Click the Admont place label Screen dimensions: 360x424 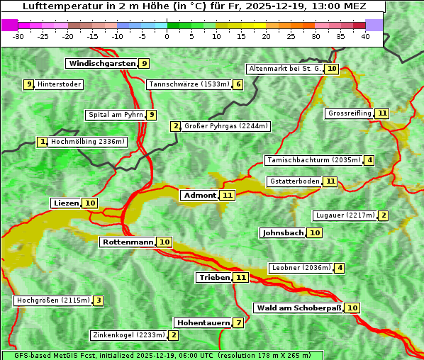pyautogui.click(x=200, y=196)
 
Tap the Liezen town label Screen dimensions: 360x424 pyautogui.click(x=66, y=203)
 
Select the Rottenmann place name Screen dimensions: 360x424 pyautogui.click(x=128, y=242)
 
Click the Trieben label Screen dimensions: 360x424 pyautogui.click(x=214, y=278)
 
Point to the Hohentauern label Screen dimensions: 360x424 pyautogui.click(x=203, y=323)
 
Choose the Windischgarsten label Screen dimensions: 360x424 pyautogui.click(x=101, y=64)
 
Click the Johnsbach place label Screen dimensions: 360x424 pyautogui.click(x=283, y=233)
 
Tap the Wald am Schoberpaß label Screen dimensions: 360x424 pyautogui.click(x=299, y=308)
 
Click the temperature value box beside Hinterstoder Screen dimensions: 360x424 pyautogui.click(x=29, y=84)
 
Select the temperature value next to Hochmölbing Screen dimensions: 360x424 pyautogui.click(x=43, y=142)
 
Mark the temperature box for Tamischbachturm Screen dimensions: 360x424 pyautogui.click(x=369, y=160)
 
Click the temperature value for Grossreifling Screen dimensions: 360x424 pyautogui.click(x=382, y=113)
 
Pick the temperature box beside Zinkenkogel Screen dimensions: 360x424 pyautogui.click(x=174, y=335)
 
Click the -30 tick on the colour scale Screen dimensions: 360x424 pyautogui.click(x=18, y=35)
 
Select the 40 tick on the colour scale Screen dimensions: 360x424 pyautogui.click(x=365, y=35)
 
